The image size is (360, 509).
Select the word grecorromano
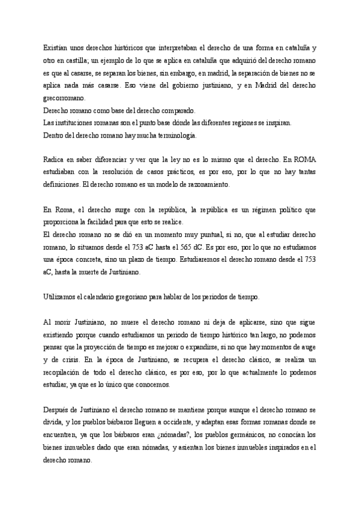(65, 98)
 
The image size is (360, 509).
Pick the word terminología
(174, 136)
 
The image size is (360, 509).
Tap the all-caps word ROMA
(304, 160)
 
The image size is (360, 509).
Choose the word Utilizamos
(61, 297)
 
